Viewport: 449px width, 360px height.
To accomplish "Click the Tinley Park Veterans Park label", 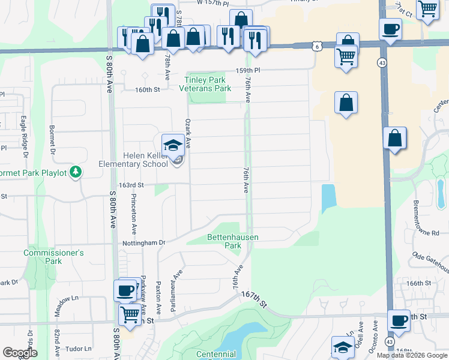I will pos(205,84).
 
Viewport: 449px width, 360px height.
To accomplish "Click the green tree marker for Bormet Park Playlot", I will pos(76,172).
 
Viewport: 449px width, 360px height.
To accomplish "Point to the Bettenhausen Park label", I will pos(232,241).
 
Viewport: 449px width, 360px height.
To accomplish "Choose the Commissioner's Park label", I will pos(53,257).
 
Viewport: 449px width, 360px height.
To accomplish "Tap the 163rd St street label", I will pos(131,186).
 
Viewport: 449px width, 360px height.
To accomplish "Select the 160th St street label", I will pos(148,90).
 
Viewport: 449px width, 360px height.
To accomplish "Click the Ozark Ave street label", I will pos(188,133).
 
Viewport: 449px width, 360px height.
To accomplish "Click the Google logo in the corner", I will pos(20,353).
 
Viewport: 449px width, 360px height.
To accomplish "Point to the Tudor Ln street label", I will pos(79,348).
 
